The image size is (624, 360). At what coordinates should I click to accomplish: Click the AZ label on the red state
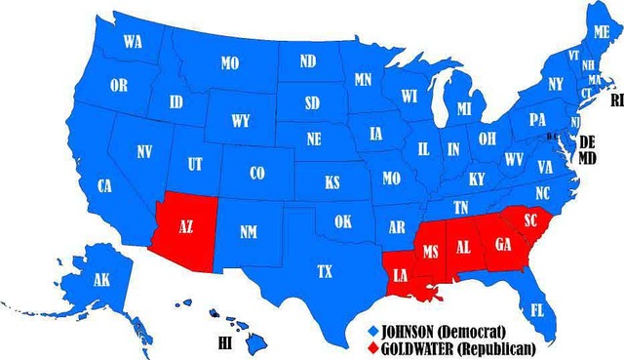(x=185, y=226)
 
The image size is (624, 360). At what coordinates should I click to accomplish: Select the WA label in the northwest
(x=134, y=42)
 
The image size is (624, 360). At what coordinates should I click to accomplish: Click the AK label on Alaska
(x=101, y=280)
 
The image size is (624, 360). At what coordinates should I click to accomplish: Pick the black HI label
(x=224, y=342)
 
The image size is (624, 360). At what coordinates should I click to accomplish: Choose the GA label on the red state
(x=503, y=244)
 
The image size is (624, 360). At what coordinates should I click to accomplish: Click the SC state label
(x=531, y=220)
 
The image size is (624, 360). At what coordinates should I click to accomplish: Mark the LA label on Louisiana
(x=401, y=274)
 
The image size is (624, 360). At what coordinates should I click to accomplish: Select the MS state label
(x=431, y=252)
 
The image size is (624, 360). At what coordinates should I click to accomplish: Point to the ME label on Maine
(x=601, y=31)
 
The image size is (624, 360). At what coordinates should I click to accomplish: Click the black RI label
(x=616, y=100)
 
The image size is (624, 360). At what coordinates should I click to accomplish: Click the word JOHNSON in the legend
(x=413, y=329)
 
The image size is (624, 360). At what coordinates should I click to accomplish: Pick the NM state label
(x=250, y=232)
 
